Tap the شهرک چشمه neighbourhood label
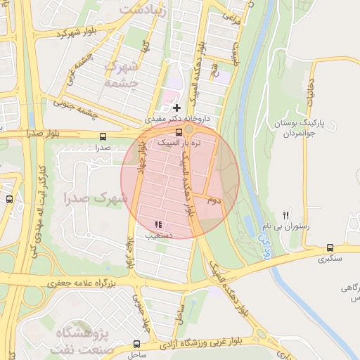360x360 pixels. coord(118,74)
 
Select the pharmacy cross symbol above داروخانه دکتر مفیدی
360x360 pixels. coord(176,108)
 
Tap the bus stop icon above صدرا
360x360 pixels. coord(103,137)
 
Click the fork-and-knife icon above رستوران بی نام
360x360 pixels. coord(285,215)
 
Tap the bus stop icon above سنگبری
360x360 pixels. coord(330,248)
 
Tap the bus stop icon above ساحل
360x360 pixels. coord(136,345)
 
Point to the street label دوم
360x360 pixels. coord(213,200)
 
